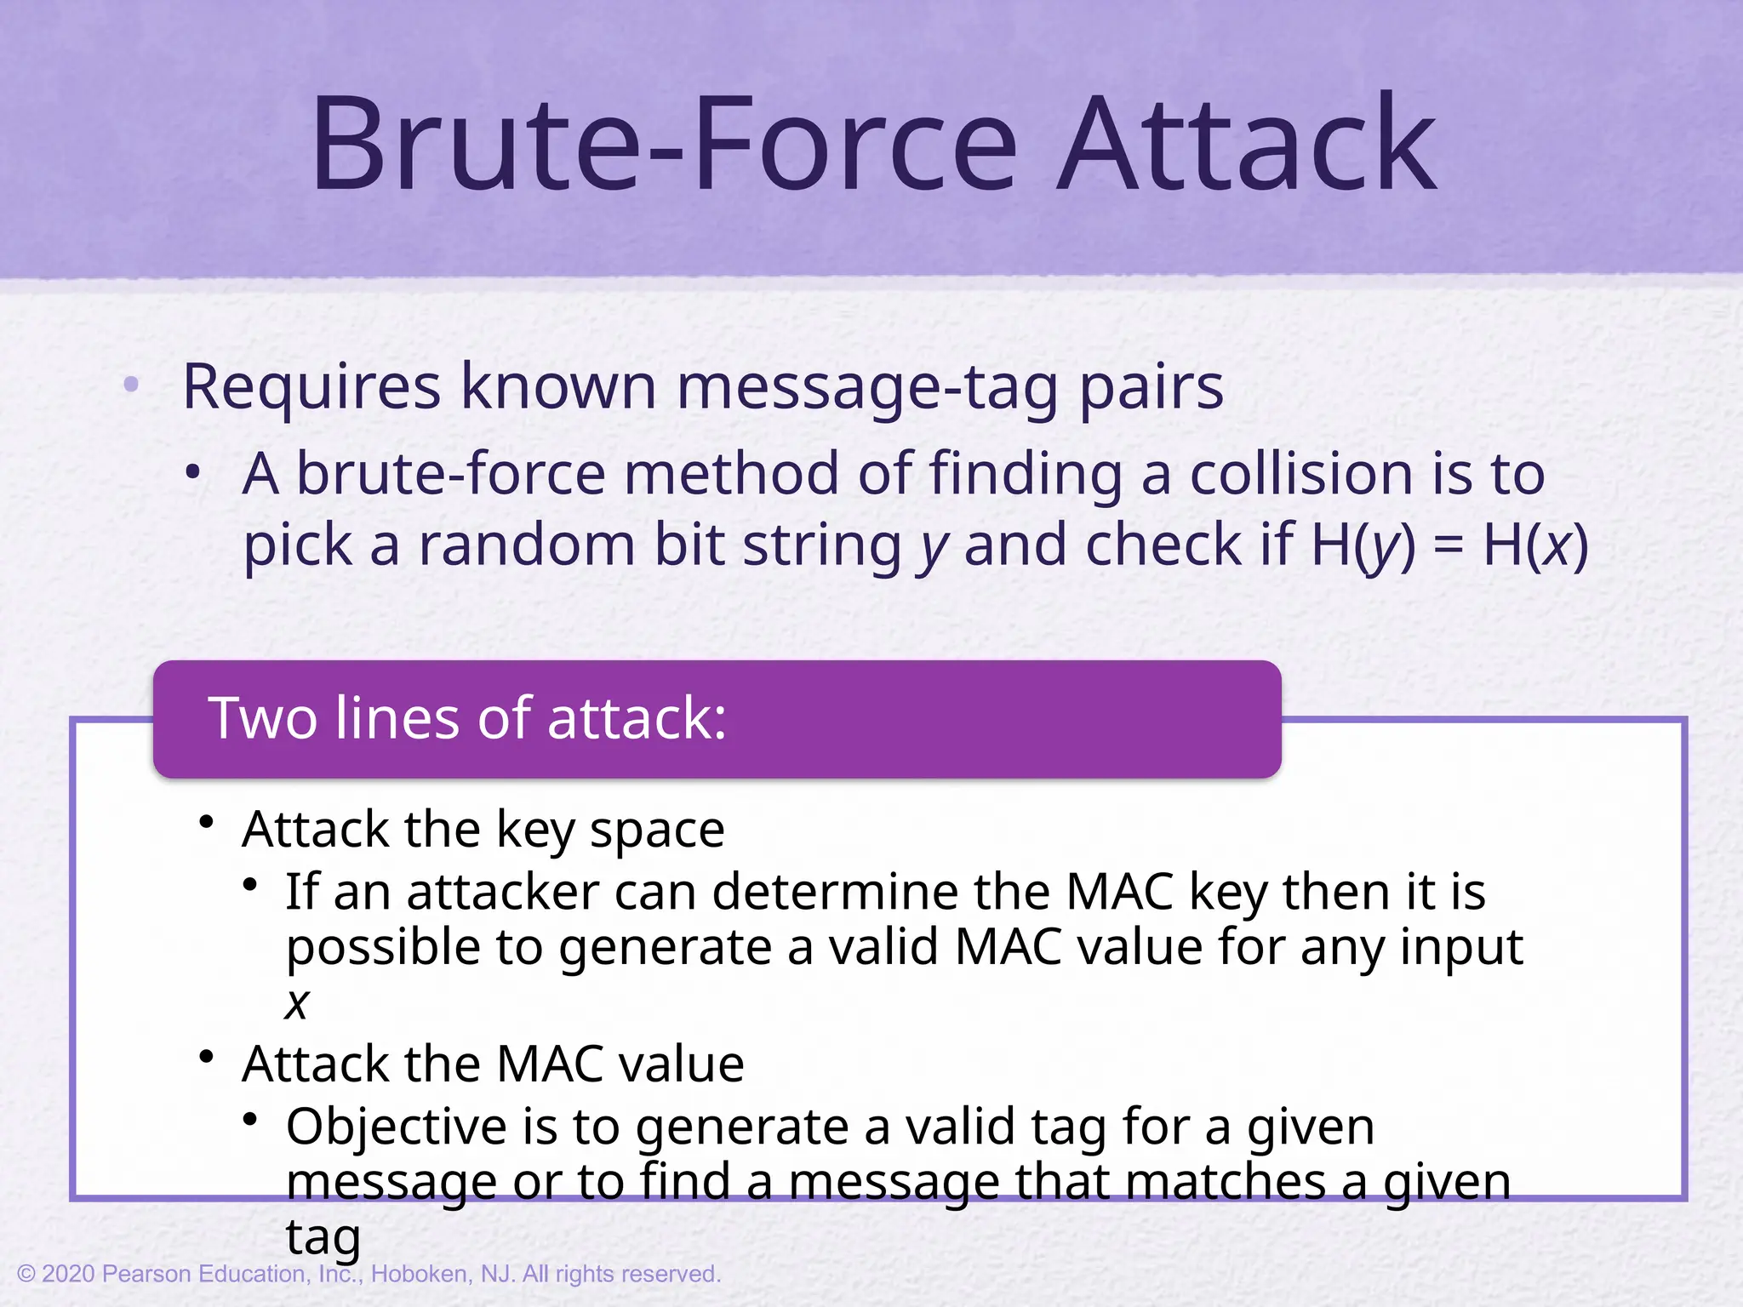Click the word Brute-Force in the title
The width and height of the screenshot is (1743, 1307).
click(x=664, y=145)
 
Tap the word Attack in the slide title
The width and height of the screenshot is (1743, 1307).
click(x=1247, y=145)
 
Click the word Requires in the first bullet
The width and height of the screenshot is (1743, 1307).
click(x=311, y=388)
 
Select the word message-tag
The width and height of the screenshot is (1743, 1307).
click(x=868, y=388)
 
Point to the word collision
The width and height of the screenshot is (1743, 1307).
click(x=1302, y=473)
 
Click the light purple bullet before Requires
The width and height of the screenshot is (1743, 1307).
click(x=131, y=385)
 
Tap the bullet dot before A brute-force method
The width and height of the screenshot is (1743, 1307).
click(x=194, y=471)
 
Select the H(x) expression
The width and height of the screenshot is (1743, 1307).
click(x=1535, y=545)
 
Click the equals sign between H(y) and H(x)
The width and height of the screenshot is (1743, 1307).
click(x=1449, y=546)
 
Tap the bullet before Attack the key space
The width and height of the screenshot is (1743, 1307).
click(x=206, y=822)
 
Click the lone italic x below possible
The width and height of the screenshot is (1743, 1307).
click(x=297, y=1004)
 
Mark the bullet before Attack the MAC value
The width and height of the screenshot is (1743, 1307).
click(x=206, y=1057)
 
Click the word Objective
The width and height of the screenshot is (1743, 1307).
click(x=397, y=1127)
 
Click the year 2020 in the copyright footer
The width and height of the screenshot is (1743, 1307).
click(x=68, y=1274)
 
